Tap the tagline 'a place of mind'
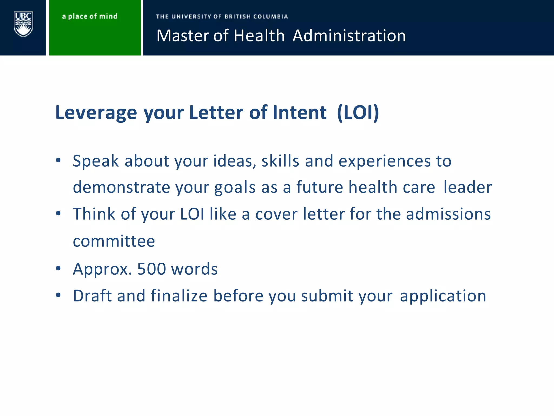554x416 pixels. point(90,17)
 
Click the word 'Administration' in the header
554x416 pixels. point(349,36)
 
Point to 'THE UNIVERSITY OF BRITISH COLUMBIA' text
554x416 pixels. point(222,17)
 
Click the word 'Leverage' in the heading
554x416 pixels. point(96,112)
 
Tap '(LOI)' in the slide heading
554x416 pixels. point(358,112)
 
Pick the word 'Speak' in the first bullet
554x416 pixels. point(96,161)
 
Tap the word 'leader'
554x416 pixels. point(467,187)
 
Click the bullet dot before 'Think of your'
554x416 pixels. point(58,213)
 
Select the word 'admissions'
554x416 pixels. point(448,214)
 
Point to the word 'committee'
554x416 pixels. point(114,241)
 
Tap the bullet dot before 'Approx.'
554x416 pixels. point(58,268)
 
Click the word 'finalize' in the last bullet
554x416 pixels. point(179,295)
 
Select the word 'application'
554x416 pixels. point(443,296)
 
